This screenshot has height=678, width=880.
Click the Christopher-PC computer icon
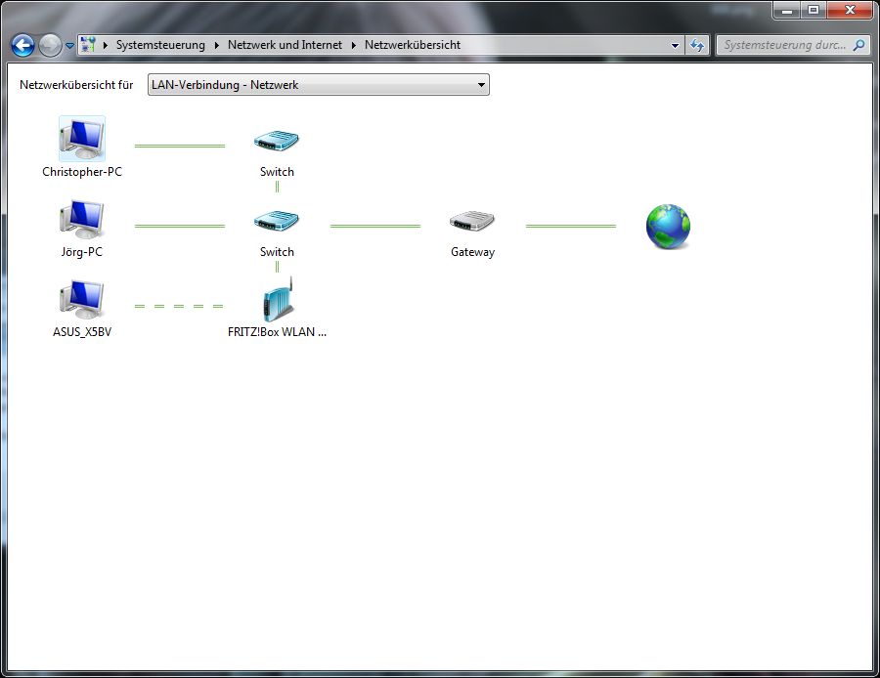tap(82, 139)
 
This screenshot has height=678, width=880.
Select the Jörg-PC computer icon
tap(82, 220)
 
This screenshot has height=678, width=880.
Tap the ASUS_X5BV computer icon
tap(82, 300)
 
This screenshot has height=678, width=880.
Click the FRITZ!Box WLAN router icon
tap(278, 300)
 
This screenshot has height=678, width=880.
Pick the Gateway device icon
tap(472, 222)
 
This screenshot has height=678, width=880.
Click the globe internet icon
tap(668, 226)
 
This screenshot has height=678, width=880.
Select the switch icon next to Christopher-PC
tap(277, 141)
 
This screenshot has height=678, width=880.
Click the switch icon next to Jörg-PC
tap(277, 221)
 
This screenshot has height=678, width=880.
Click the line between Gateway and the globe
tap(571, 226)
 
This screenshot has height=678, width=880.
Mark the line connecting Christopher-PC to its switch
tap(179, 146)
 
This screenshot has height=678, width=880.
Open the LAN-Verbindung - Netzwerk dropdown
tap(319, 85)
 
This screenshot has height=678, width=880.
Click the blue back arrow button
tap(22, 45)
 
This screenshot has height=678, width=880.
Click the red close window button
tap(846, 10)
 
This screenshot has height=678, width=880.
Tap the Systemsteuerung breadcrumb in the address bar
tap(160, 45)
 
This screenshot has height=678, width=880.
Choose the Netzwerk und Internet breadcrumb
tap(285, 45)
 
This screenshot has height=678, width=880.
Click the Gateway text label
tap(472, 252)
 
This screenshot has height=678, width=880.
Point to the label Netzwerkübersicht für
tap(76, 85)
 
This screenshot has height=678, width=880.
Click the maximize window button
tap(813, 10)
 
